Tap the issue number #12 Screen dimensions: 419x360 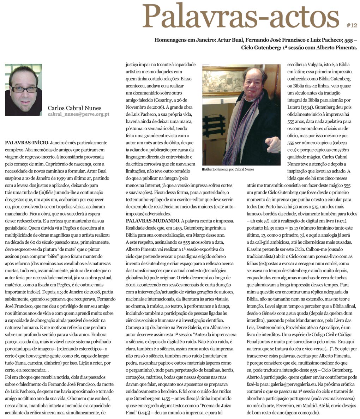point(352,25)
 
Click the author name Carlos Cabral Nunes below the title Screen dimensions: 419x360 point(74,108)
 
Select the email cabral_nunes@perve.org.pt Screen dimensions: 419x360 point(78,114)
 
